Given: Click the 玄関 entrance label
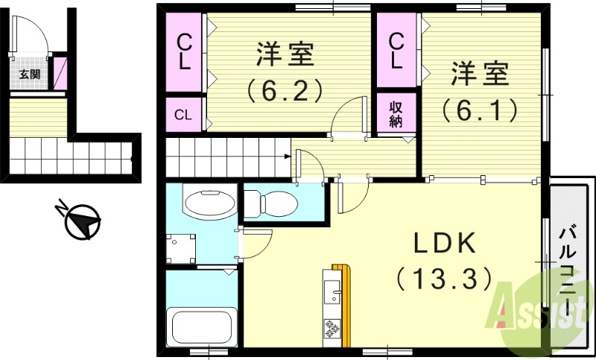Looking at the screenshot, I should click(29, 74).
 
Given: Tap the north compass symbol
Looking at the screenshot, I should click(83, 221).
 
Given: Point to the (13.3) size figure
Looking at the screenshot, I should click(444, 279).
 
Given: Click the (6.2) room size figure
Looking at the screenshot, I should click(285, 90).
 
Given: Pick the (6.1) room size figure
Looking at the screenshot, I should click(479, 110).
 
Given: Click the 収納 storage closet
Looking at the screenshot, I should click(396, 113).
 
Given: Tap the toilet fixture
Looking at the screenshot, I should click(271, 202).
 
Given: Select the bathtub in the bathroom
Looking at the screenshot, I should click(200, 324).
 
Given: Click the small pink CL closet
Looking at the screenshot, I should click(183, 115).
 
